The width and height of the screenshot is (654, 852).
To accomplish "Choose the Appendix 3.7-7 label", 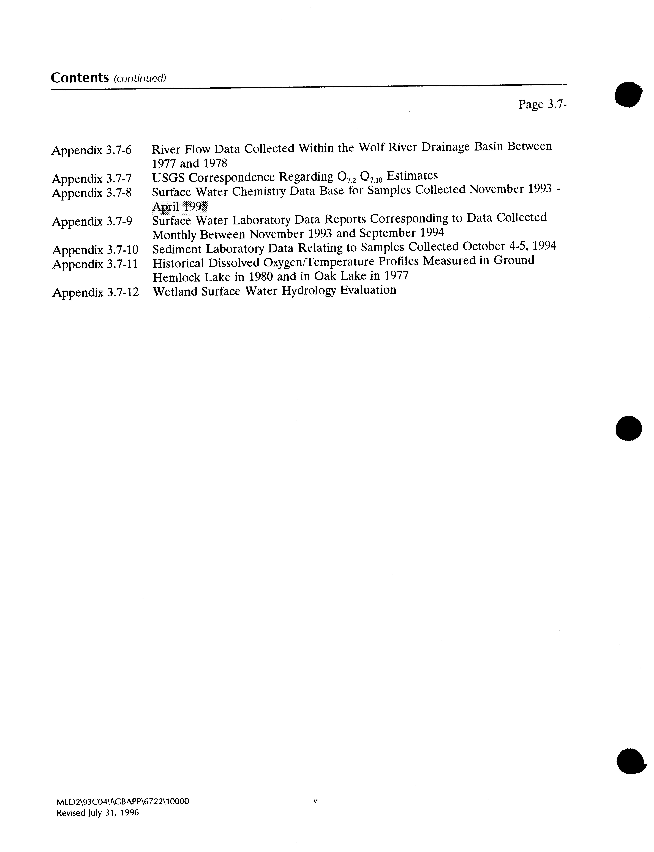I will (92, 179).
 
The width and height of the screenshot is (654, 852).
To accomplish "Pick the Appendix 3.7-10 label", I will (95, 249).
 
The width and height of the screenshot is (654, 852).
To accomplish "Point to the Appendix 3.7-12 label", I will (95, 292).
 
